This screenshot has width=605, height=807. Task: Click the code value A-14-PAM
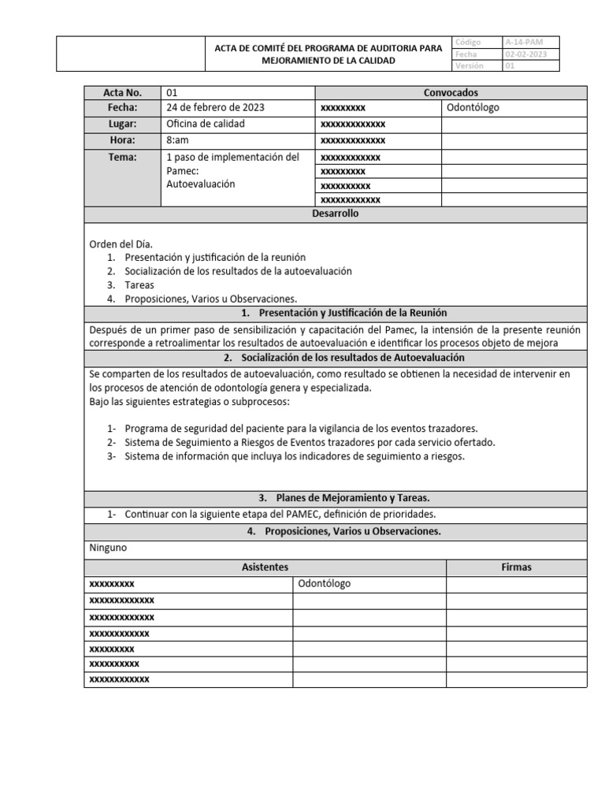click(x=523, y=41)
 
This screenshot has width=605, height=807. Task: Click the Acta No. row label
click(x=123, y=93)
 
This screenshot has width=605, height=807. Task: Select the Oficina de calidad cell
click(x=206, y=125)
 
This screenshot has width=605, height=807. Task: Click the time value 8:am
click(x=178, y=140)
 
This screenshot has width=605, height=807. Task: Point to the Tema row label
click(x=123, y=157)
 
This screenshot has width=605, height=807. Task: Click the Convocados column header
click(x=451, y=93)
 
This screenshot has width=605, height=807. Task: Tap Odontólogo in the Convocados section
click(x=473, y=108)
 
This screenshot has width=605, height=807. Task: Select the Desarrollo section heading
click(x=335, y=214)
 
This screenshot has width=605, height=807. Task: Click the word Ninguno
click(x=108, y=547)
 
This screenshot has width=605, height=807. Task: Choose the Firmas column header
click(x=516, y=567)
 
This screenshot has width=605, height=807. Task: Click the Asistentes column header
click(x=264, y=567)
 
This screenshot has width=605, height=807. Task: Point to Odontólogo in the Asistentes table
click(x=325, y=584)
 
